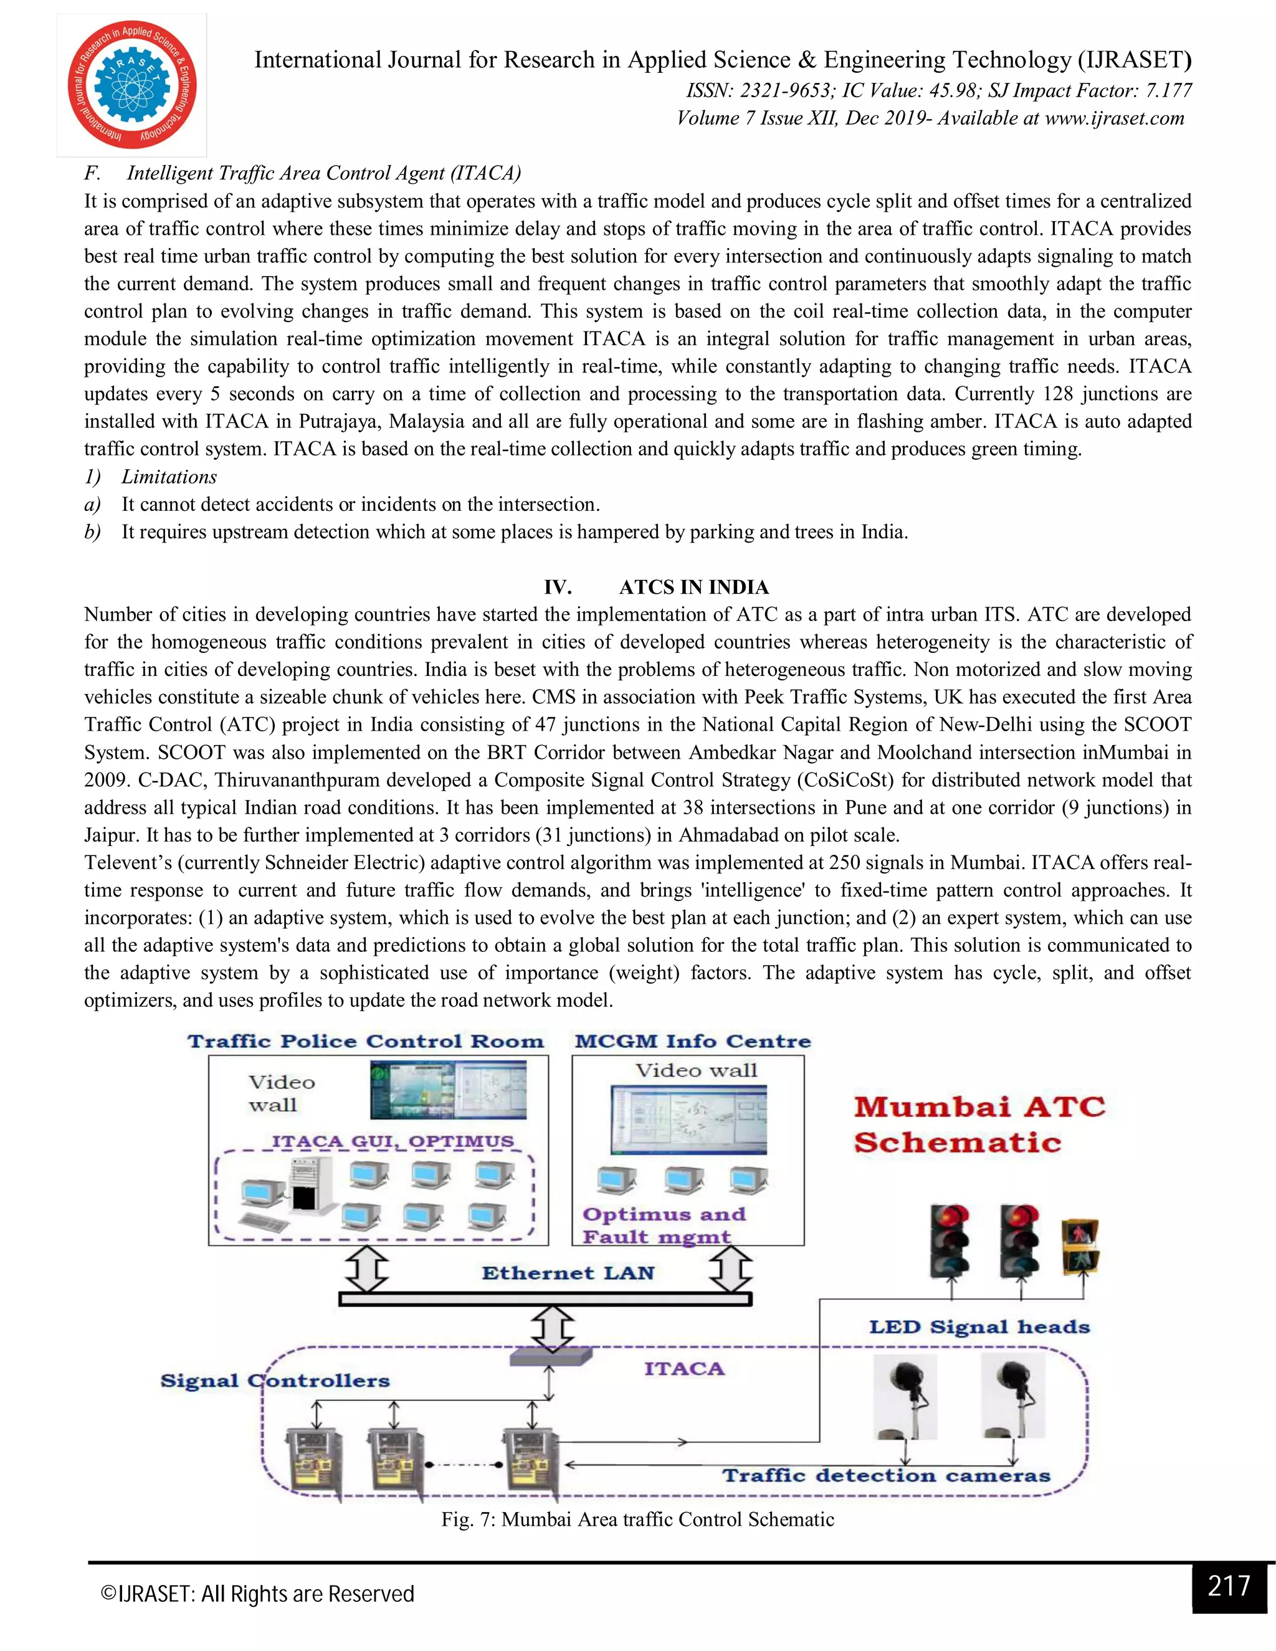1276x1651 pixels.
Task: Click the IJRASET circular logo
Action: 131,85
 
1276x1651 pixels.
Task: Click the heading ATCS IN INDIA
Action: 693,588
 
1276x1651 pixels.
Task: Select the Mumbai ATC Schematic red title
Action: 978,1124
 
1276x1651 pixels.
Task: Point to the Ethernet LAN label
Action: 568,1273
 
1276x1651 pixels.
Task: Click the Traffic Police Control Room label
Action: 366,1042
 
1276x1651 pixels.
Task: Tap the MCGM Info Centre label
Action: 692,1042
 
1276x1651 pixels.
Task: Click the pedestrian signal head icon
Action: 1080,1246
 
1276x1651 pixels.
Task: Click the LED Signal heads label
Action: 979,1328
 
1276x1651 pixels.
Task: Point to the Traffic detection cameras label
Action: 886,1475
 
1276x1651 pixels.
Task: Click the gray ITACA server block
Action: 550,1357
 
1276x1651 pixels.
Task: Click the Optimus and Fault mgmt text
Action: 664,1225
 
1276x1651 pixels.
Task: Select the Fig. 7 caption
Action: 637,1520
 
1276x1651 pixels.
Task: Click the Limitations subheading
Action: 169,477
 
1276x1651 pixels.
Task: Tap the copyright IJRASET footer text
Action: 258,1594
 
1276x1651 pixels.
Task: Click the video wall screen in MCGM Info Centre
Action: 688,1120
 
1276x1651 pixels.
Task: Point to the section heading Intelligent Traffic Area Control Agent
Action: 323,173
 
